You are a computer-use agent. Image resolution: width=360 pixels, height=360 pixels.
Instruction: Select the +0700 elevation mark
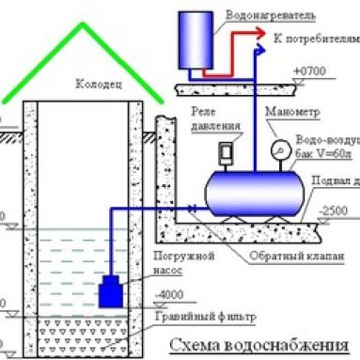[309, 71]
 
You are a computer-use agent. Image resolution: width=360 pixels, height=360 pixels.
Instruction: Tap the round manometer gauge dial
[280, 149]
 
